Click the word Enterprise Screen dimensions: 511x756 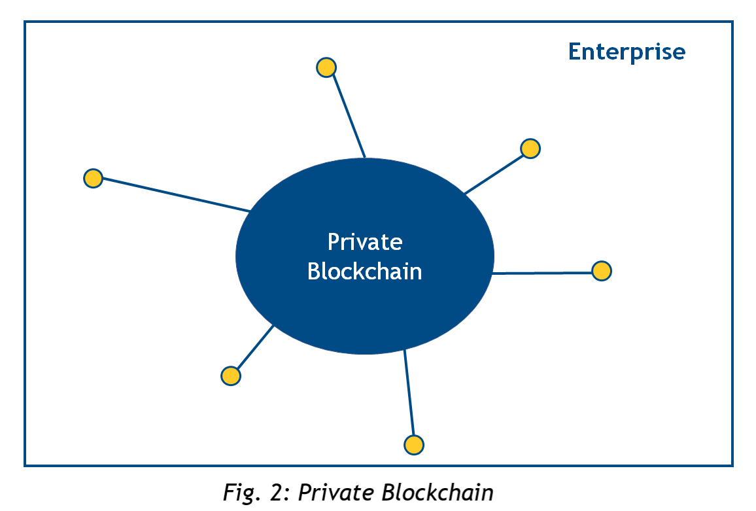pos(627,52)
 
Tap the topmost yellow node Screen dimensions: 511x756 pos(326,67)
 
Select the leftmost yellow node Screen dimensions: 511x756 pos(94,178)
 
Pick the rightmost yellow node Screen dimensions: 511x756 pos(601,271)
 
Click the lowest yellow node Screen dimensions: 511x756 pos(413,445)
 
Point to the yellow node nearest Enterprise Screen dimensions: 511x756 pos(530,149)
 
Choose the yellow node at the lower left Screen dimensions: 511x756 pos(231,376)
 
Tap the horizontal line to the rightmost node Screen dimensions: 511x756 pos(543,272)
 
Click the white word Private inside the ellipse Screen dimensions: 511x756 pos(365,242)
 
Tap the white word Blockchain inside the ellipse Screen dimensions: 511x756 pos(365,271)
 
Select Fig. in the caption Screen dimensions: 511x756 pos(241,491)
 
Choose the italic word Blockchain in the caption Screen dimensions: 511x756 pos(438,491)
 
